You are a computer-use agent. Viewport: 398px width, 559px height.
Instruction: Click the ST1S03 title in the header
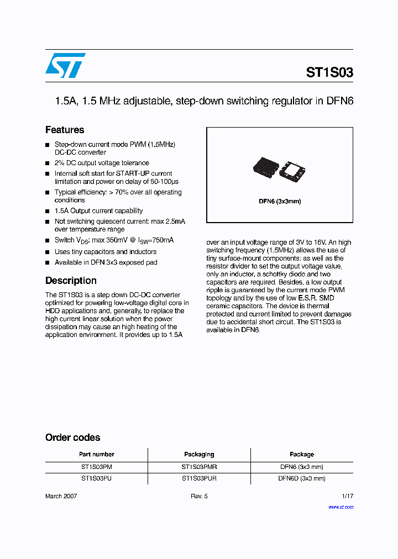point(329,72)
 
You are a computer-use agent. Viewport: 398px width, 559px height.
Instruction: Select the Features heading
point(65,130)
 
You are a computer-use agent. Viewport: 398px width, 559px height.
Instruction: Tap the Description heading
point(71,281)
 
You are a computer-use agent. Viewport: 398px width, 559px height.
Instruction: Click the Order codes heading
point(72,437)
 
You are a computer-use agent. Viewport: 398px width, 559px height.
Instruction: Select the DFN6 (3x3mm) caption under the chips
point(280,201)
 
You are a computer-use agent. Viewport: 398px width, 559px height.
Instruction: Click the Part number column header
point(96,455)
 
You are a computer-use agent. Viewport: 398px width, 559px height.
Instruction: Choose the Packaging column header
point(199,455)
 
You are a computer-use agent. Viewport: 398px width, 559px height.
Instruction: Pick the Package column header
point(302,455)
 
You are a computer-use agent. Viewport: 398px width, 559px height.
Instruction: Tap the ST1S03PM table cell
point(96,467)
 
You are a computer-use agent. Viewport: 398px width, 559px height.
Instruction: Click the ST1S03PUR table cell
point(199,478)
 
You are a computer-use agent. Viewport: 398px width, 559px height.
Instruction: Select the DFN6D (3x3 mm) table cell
point(302,478)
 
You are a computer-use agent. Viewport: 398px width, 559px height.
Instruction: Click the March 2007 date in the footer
point(61,496)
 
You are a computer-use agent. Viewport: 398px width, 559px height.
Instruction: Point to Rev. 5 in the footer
point(199,496)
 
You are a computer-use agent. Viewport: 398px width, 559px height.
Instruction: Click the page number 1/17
point(346,496)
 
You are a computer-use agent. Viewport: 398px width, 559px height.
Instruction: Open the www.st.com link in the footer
point(341,507)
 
